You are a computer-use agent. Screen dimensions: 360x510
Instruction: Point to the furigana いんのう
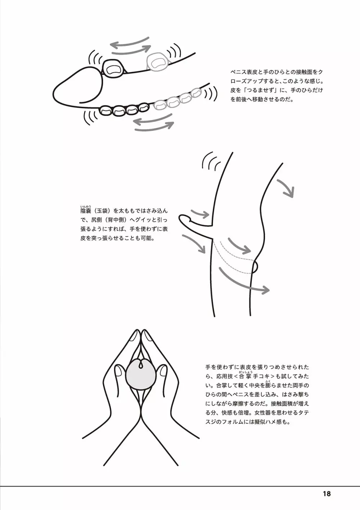coord(86,206)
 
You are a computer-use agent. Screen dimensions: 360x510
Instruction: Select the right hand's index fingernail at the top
coord(148,336)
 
